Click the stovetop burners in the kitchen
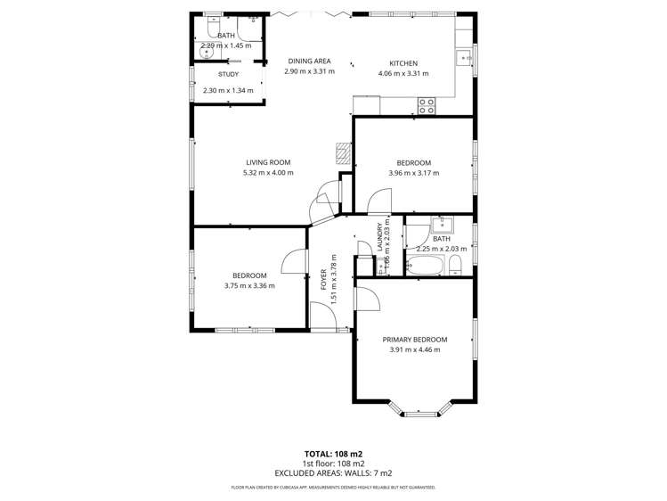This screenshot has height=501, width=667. (x=427, y=105)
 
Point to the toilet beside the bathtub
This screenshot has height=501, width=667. (x=455, y=264)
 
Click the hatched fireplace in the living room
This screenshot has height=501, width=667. (x=343, y=153)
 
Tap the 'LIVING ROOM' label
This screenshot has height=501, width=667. (x=268, y=162)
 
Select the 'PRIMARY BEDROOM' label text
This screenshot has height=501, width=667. (x=414, y=340)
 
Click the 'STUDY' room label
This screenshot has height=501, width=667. (x=228, y=76)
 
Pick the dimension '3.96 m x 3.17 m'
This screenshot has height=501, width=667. (x=414, y=173)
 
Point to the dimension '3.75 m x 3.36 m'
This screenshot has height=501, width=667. (x=249, y=286)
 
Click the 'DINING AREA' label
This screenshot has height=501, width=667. (x=309, y=61)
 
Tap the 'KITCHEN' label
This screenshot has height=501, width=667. (x=403, y=62)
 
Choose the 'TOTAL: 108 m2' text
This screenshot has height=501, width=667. (x=333, y=453)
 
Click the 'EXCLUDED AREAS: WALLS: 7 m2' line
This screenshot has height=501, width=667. (x=333, y=473)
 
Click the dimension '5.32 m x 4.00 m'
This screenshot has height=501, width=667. (x=267, y=173)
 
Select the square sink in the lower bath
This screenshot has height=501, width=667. (x=441, y=225)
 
